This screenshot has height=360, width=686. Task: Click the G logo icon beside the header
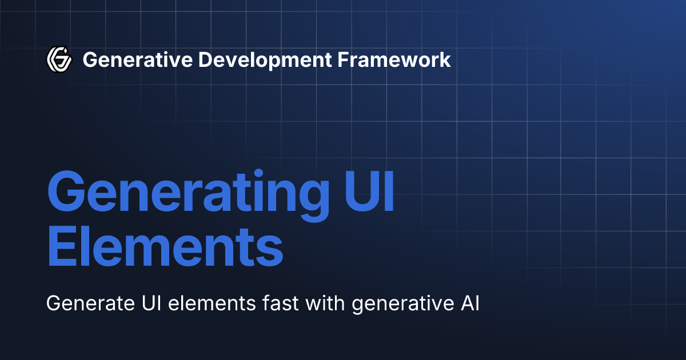point(59,59)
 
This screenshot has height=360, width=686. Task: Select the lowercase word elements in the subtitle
point(210,303)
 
